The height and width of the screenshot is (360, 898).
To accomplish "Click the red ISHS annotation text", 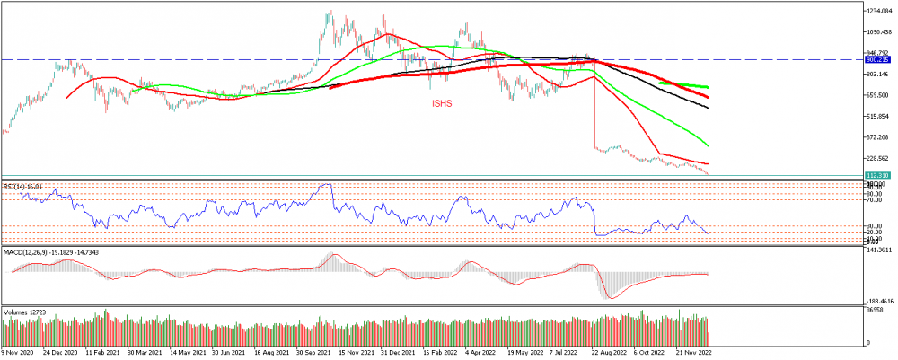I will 441,104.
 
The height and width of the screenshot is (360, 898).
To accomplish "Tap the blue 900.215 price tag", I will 877,60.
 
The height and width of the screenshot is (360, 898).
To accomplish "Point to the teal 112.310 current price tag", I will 877,175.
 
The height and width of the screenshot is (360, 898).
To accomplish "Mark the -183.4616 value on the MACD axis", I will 878,302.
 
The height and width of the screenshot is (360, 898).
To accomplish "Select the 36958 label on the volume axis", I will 874,311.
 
